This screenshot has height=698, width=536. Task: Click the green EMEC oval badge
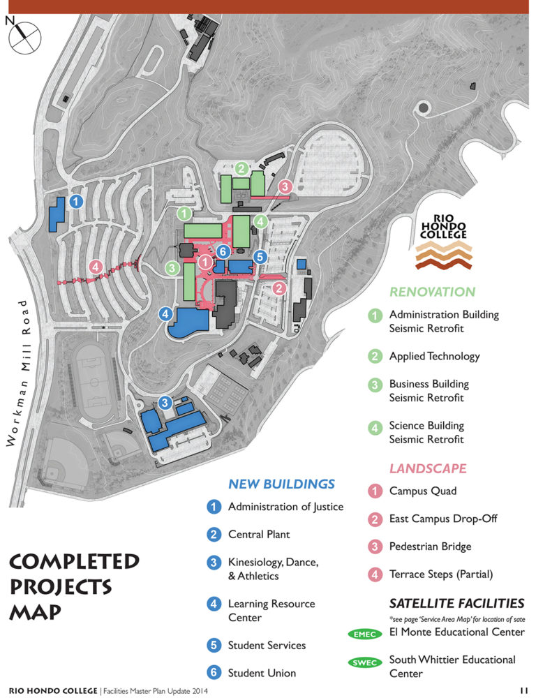tap(365, 634)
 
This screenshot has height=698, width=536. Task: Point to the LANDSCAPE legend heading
tap(428, 468)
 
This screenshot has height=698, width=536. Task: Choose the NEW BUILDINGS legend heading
tap(281, 484)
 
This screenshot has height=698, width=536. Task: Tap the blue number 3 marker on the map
tap(165, 402)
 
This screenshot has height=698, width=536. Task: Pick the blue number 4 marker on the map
tap(166, 314)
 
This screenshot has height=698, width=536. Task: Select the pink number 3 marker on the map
tap(285, 186)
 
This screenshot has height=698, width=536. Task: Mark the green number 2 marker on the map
tap(241, 168)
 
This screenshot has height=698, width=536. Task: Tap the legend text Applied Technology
tap(434, 356)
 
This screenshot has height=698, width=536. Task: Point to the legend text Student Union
tap(262, 673)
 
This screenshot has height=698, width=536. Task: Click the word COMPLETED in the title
tap(74, 560)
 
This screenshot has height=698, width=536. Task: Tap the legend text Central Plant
tap(259, 535)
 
